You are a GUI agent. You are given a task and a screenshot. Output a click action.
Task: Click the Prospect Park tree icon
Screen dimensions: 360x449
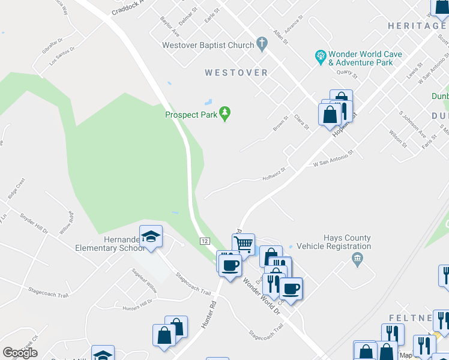click(x=225, y=113)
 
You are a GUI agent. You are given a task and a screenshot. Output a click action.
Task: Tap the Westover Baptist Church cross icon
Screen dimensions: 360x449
click(x=261, y=44)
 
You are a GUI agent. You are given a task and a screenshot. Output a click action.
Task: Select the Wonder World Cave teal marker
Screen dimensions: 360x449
click(x=321, y=58)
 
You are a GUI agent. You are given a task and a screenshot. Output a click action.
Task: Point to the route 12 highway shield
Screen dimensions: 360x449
click(x=205, y=241)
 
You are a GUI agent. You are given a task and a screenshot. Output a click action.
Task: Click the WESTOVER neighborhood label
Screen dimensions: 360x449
click(x=236, y=73)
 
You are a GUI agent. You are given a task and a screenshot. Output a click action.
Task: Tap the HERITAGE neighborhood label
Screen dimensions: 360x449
click(x=417, y=26)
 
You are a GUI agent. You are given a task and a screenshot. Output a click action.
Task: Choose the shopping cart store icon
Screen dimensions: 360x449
click(x=244, y=244)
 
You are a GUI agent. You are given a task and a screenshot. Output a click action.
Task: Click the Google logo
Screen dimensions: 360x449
click(x=20, y=353)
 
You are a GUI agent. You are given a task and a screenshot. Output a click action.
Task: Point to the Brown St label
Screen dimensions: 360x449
click(x=280, y=125)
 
